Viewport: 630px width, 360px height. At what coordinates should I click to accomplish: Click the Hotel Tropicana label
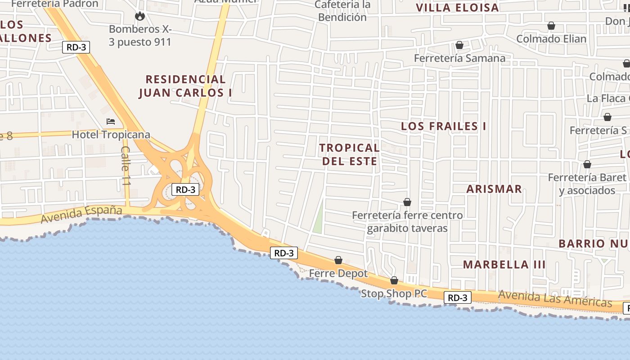111,135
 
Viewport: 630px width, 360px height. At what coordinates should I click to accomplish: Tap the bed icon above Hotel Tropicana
111,121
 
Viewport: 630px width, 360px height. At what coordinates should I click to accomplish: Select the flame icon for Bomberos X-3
140,16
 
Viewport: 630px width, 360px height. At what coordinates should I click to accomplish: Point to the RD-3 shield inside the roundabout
185,189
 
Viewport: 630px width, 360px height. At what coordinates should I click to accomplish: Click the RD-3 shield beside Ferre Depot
284,253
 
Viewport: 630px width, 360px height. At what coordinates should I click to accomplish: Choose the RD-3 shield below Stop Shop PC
458,297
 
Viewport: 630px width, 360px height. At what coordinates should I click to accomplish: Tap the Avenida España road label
81,214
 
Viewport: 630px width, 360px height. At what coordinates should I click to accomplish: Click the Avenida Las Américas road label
555,298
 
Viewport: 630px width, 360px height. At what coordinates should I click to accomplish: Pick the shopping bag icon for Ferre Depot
338,260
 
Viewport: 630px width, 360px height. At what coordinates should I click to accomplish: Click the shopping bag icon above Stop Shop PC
394,280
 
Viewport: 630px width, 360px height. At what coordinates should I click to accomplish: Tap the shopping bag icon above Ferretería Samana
459,45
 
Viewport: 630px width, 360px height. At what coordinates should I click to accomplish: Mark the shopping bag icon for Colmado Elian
551,26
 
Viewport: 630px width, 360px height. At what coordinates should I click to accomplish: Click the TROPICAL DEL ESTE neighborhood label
350,154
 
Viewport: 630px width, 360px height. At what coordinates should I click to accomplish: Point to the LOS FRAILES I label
443,126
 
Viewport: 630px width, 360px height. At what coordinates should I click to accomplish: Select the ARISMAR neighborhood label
494,189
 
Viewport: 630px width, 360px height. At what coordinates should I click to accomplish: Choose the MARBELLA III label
504,265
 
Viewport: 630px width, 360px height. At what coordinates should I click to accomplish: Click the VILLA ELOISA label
457,8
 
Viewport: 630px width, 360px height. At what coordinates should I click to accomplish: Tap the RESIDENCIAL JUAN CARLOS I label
185,86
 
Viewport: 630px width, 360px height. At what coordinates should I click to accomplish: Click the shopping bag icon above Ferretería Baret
587,164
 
